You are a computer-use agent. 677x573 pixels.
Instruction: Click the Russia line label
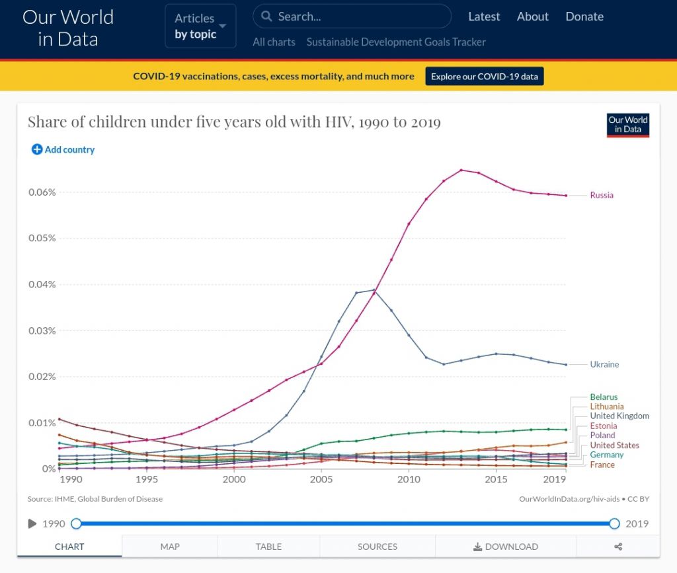click(x=602, y=195)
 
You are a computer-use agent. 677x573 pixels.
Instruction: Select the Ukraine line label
click(x=604, y=364)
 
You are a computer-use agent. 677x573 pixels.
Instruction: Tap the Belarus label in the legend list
click(x=604, y=397)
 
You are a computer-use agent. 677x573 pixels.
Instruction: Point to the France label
click(x=602, y=465)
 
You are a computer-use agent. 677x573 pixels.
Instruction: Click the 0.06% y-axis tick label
click(x=42, y=192)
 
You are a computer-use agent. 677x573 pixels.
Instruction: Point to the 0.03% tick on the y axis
click(x=42, y=330)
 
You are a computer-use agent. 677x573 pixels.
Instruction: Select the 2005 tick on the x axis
click(x=321, y=479)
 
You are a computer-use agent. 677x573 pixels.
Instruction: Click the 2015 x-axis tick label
click(x=496, y=479)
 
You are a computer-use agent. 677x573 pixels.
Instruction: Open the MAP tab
click(x=170, y=547)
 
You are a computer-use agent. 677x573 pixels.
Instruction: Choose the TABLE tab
click(x=268, y=547)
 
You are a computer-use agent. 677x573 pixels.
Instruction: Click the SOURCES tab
click(x=378, y=547)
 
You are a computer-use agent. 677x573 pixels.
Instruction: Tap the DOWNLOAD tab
click(x=506, y=547)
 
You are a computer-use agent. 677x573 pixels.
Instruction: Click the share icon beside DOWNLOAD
click(x=618, y=547)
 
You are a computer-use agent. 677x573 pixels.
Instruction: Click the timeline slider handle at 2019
click(x=614, y=523)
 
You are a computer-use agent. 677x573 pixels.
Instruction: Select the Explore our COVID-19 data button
click(x=485, y=76)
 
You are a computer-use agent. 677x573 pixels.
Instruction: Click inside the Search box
click(x=357, y=17)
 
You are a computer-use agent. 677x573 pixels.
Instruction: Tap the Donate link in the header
click(x=584, y=17)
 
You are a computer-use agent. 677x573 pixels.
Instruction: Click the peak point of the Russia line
click(x=461, y=170)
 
